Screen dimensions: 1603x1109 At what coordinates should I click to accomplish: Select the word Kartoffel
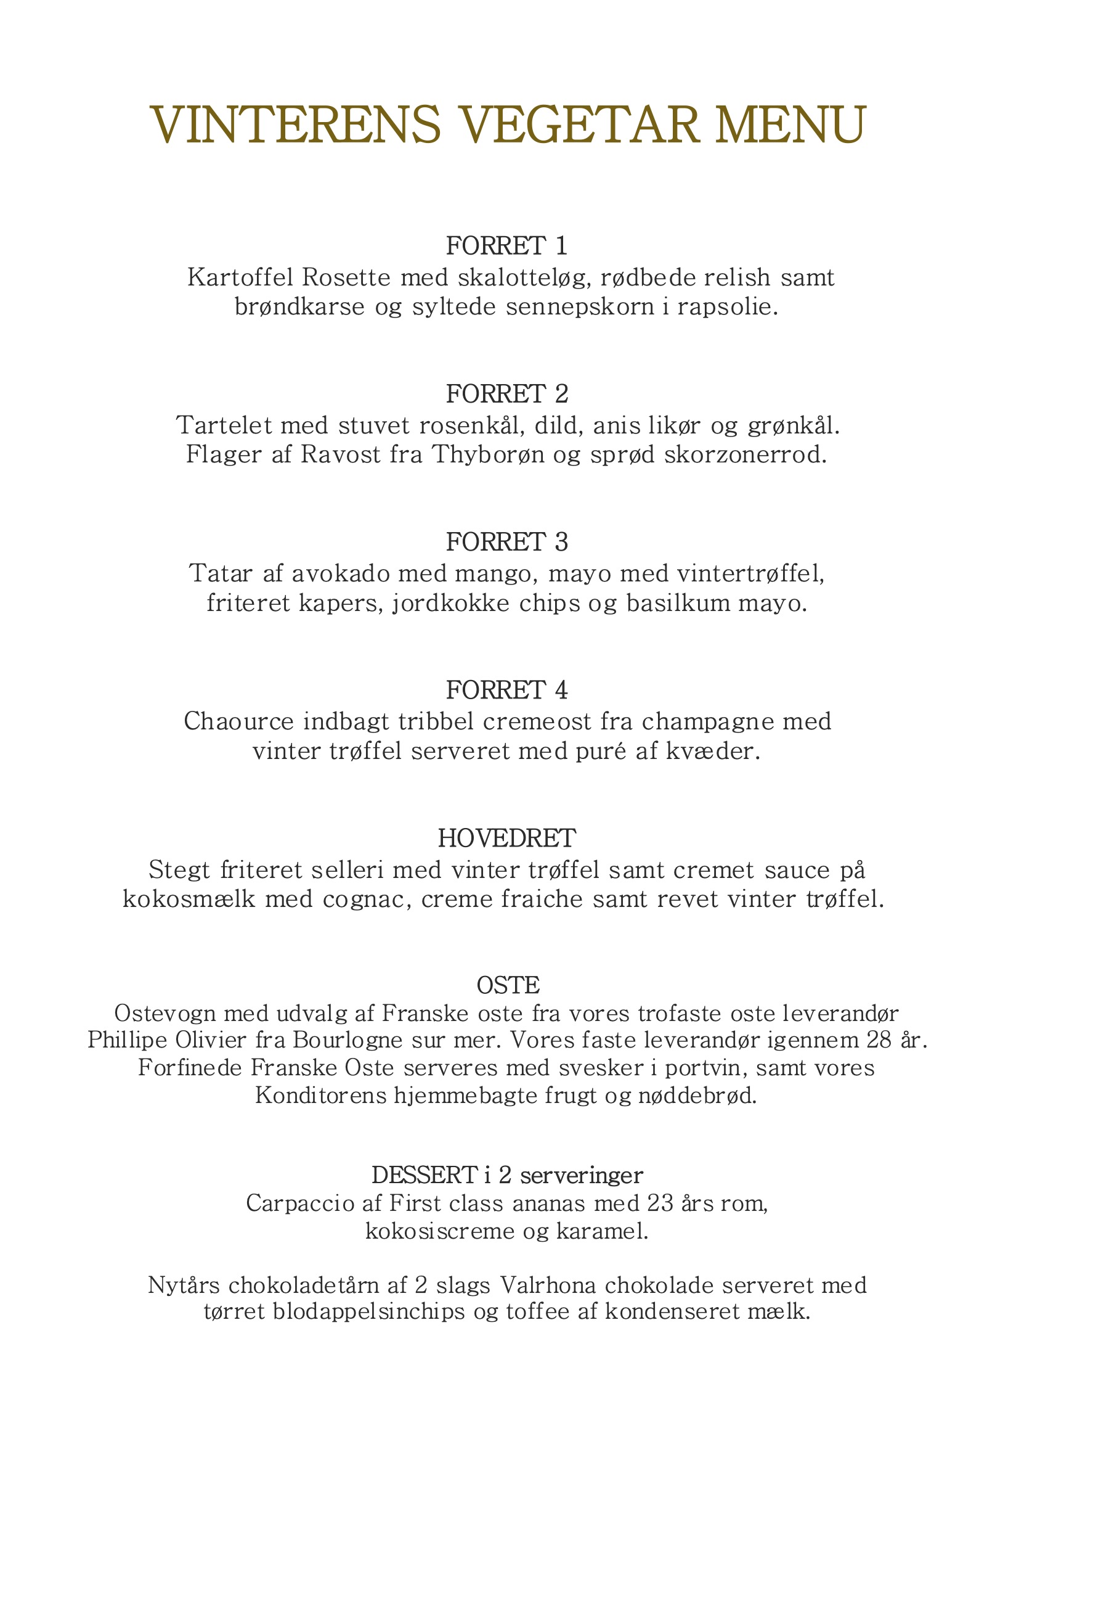click(240, 277)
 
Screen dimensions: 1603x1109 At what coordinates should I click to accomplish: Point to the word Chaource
click(239, 721)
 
